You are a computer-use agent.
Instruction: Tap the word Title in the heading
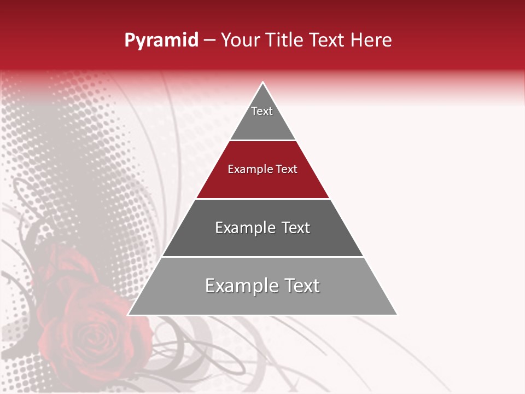285,40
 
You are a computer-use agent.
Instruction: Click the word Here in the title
371,40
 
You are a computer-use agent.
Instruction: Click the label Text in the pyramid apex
262,111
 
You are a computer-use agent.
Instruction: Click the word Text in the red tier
287,170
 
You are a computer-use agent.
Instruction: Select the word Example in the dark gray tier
244,228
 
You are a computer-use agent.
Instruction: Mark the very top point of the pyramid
263,83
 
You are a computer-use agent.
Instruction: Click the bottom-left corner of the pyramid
129,315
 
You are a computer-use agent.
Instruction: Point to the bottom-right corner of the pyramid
396,315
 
